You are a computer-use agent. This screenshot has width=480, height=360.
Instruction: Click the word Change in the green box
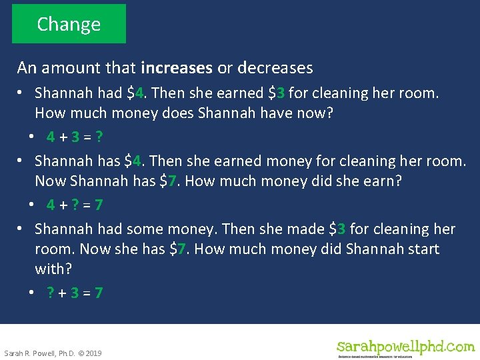[x=69, y=24]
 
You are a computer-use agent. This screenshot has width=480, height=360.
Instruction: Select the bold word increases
[x=177, y=68]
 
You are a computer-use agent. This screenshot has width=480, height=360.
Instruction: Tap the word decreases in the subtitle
[x=275, y=68]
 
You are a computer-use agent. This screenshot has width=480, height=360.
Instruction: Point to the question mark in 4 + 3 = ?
[x=99, y=137]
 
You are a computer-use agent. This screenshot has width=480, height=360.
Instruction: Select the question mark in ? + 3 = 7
[x=51, y=293]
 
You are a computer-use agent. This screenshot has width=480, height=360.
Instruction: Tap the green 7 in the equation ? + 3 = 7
[x=99, y=293]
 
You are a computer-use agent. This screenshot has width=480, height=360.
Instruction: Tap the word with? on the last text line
[x=53, y=269]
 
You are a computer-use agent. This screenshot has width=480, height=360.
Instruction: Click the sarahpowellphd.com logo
[x=405, y=347]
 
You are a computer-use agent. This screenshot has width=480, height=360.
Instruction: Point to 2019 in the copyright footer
[x=93, y=353]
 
